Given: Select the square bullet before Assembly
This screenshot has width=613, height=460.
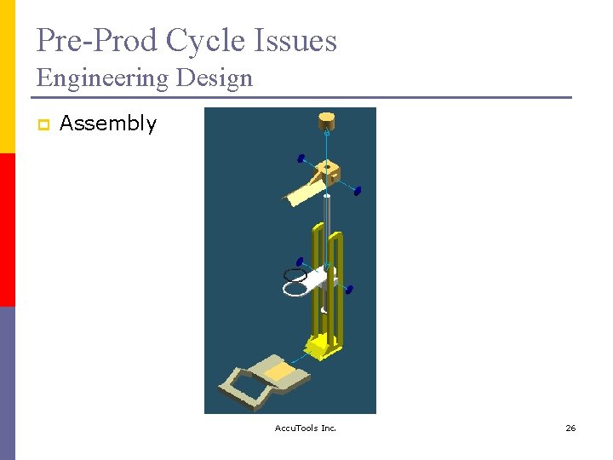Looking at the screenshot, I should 42,124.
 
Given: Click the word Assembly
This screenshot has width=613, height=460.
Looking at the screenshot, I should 108,124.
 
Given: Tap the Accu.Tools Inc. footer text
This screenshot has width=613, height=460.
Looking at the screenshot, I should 306,428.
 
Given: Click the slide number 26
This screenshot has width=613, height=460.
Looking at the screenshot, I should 570,428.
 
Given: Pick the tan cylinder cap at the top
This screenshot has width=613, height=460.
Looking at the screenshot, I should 327,120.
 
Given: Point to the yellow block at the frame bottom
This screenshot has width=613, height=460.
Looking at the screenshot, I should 323,344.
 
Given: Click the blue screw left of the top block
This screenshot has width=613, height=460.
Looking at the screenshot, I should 301,158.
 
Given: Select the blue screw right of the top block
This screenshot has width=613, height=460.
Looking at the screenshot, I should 358,190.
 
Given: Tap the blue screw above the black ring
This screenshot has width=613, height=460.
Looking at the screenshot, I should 300,261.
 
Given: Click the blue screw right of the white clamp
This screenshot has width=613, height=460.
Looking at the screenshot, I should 349,290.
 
